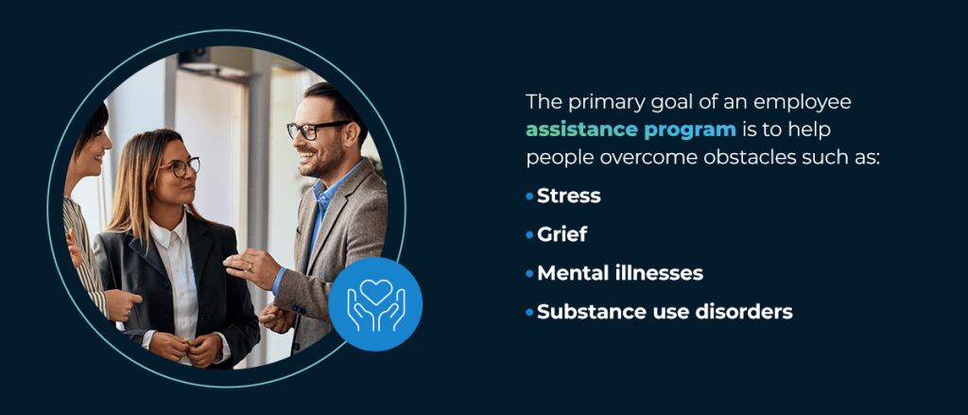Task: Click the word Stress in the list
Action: (x=568, y=197)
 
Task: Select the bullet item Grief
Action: (x=562, y=235)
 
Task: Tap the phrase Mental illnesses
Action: (x=619, y=273)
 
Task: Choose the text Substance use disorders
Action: (x=665, y=311)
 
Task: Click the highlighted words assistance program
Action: (x=631, y=129)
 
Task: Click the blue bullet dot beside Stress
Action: (x=529, y=197)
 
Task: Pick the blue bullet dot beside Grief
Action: (x=529, y=235)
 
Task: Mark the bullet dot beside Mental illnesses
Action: (x=529, y=273)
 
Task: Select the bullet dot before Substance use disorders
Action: (x=529, y=311)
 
